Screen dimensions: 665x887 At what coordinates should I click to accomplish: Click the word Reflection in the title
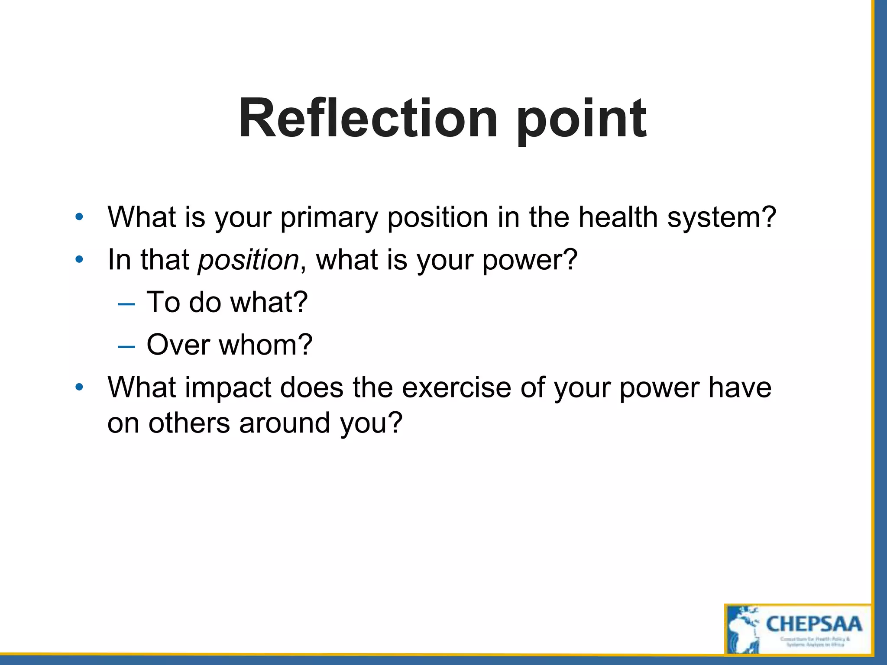pyautogui.click(x=368, y=119)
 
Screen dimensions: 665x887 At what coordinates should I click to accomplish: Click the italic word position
pyautogui.click(x=248, y=261)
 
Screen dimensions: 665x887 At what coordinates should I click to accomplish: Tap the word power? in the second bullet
pyautogui.click(x=530, y=261)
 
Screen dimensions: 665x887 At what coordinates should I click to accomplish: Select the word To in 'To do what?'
pyautogui.click(x=163, y=302)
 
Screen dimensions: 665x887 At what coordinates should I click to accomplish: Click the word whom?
pyautogui.click(x=265, y=345)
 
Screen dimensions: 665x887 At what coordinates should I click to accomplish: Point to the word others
pyautogui.click(x=189, y=423)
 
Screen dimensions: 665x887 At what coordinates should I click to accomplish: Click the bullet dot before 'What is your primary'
pyautogui.click(x=79, y=217)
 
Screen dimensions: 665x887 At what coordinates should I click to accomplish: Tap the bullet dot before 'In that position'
pyautogui.click(x=79, y=260)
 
